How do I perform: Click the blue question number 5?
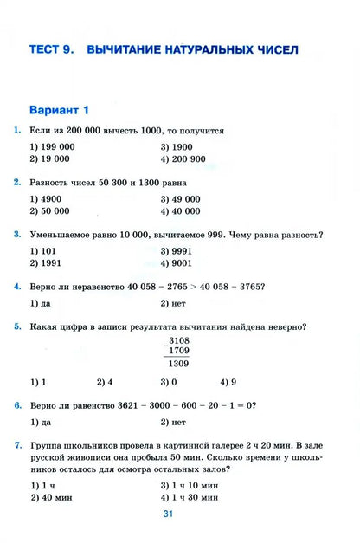coord(18,327)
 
